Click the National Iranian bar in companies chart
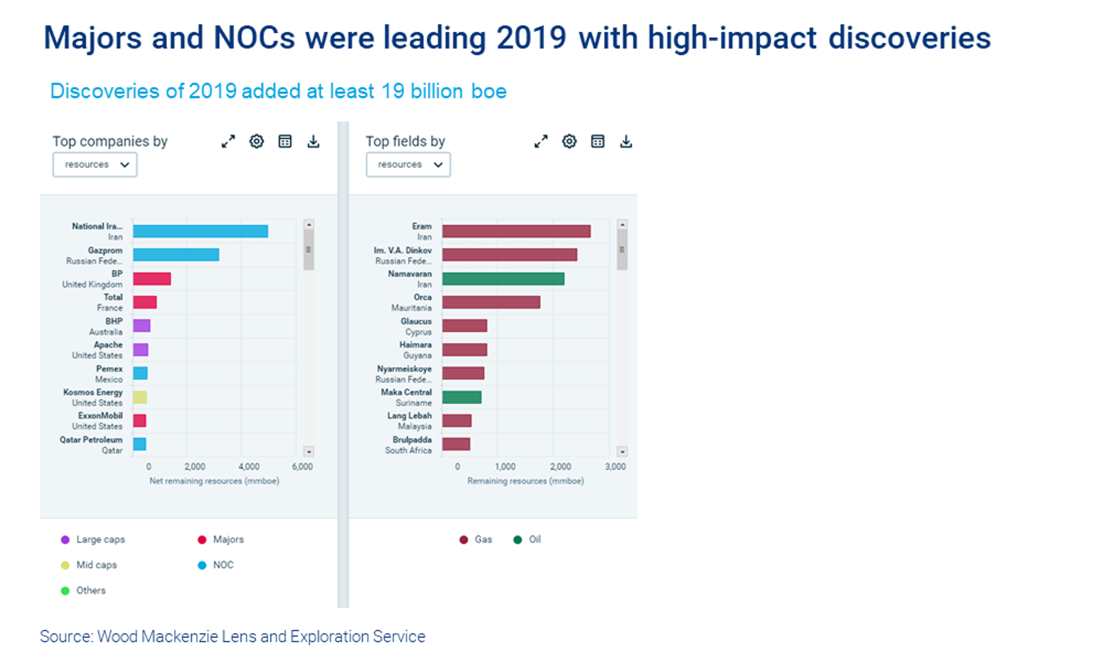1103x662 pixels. [200, 231]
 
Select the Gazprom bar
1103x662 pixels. [176, 254]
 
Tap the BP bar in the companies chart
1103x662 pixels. [152, 279]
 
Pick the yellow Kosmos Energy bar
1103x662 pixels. [140, 397]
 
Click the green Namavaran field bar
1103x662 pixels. [503, 279]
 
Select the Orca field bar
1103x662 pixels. [491, 302]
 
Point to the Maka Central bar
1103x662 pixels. [461, 397]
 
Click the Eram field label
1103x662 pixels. [422, 226]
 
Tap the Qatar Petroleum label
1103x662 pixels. [91, 439]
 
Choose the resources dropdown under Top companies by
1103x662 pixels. [95, 165]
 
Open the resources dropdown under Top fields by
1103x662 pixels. [408, 165]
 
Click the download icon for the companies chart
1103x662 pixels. [313, 142]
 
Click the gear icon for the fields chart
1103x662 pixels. [569, 142]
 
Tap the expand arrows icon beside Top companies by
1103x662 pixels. [228, 142]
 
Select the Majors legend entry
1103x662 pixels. [227, 539]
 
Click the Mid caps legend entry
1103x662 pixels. [96, 565]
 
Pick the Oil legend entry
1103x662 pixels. [534, 539]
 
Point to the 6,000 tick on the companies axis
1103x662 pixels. [302, 466]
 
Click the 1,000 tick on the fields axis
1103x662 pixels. [505, 466]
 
